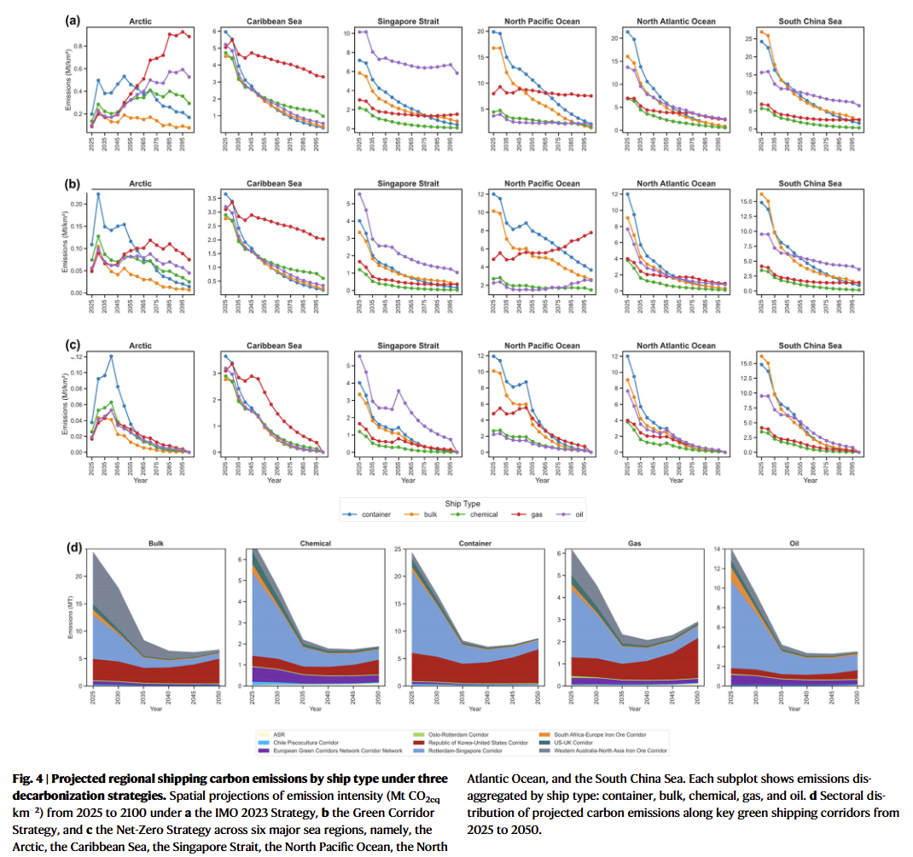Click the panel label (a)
click(73, 17)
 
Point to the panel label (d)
click(73, 547)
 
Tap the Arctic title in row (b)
click(141, 183)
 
